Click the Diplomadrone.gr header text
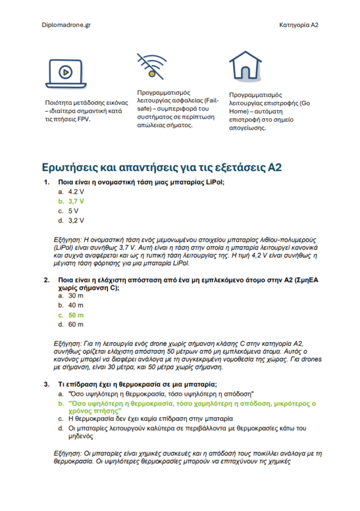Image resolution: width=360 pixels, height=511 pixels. tap(67, 25)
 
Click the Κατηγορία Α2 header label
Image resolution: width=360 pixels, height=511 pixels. tap(298, 25)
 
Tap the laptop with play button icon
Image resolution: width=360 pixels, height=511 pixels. tap(62, 74)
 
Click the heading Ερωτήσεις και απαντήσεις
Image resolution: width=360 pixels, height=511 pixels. tap(162, 167)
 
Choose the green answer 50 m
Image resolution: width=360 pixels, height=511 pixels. tap(76, 315)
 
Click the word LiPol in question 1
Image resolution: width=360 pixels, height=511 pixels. tap(218, 181)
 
